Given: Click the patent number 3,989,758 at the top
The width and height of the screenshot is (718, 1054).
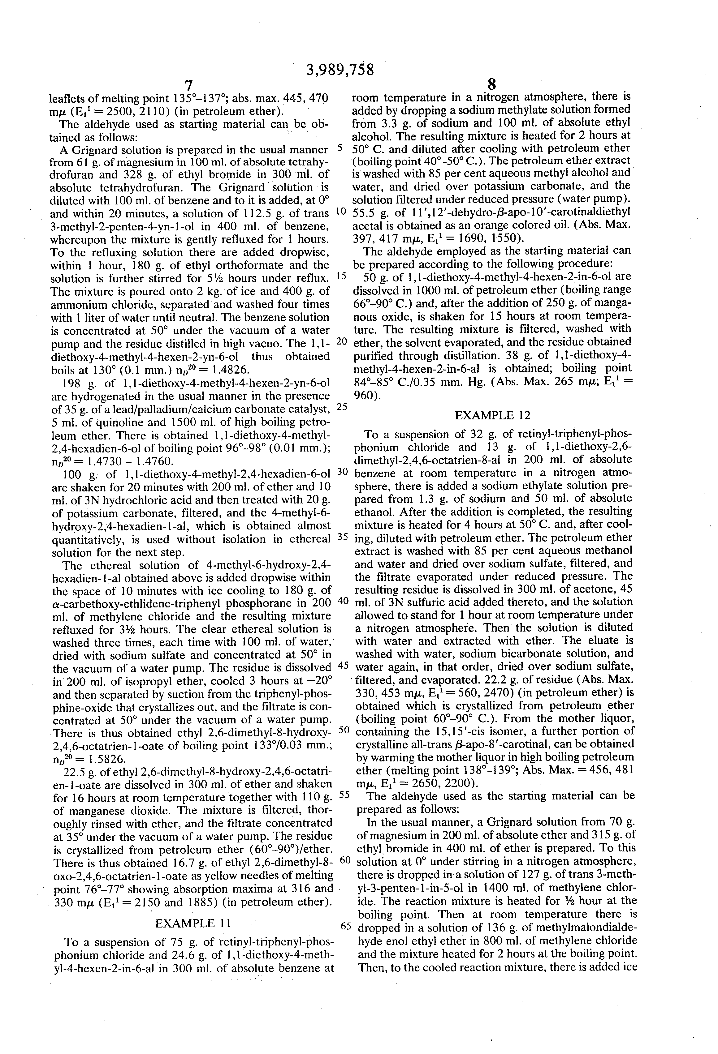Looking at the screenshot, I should click(x=340, y=69).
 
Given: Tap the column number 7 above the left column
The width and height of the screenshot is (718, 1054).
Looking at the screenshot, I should click(x=189, y=85).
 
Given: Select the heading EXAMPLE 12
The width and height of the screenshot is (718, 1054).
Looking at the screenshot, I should click(x=492, y=415).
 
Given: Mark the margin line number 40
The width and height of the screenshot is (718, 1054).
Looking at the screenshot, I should click(x=342, y=601).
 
